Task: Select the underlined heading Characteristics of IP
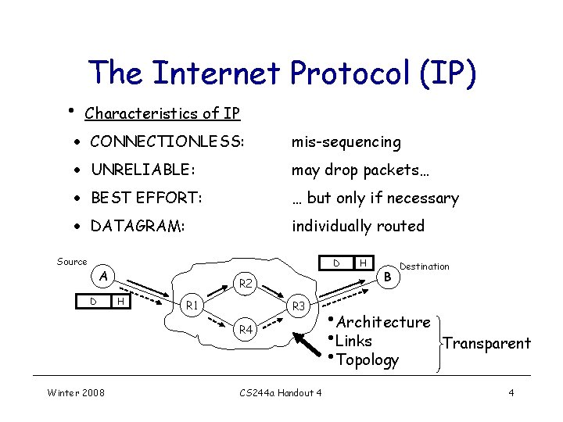pos(162,113)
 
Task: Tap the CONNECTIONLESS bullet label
pos(167,142)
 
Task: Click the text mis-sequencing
pos(346,142)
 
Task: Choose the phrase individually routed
pos(358,226)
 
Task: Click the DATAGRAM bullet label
pos(138,226)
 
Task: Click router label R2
pos(246,284)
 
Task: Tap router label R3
pos(299,307)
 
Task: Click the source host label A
pos(102,275)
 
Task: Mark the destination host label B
pos(388,275)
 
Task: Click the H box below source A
pos(120,301)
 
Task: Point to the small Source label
pos(72,262)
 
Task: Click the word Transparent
pos(486,343)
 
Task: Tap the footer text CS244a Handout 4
pos(280,392)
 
